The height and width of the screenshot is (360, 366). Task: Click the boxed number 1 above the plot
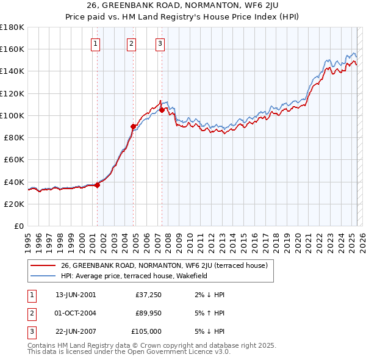96,43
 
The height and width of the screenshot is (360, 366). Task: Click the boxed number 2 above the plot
132,43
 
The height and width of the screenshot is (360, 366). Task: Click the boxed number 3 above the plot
160,43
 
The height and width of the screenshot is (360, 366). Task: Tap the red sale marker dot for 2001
97,185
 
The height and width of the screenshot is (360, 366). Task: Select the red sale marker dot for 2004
133,126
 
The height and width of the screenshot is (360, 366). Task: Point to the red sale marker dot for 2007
162,110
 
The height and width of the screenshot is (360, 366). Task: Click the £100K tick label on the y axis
12,115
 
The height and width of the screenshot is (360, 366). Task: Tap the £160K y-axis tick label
12,49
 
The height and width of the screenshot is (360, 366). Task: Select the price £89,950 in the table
148,313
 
